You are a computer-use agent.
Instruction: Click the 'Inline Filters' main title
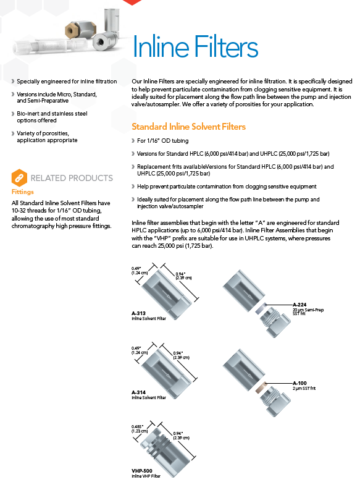click(196, 46)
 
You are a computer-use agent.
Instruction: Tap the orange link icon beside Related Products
click(19, 177)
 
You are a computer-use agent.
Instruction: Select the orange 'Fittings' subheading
click(22, 192)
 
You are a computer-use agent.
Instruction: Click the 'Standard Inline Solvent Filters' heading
click(188, 127)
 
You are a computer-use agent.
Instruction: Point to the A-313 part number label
click(138, 313)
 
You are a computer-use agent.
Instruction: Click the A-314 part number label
click(138, 392)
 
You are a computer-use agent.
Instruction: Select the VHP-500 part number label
click(142, 471)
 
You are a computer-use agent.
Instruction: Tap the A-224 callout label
click(299, 305)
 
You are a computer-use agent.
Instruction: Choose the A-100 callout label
click(299, 383)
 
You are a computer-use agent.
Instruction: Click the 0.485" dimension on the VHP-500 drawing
click(137, 426)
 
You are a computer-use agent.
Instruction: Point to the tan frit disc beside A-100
click(261, 387)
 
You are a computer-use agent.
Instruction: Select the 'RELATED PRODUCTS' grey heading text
click(72, 178)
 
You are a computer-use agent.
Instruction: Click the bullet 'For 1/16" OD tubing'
click(162, 141)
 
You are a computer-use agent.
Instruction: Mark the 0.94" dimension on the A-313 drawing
click(180, 274)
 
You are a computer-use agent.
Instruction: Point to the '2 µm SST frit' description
click(304, 388)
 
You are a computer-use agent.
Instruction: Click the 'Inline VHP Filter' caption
click(146, 476)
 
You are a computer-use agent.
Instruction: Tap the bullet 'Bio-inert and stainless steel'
click(52, 114)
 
